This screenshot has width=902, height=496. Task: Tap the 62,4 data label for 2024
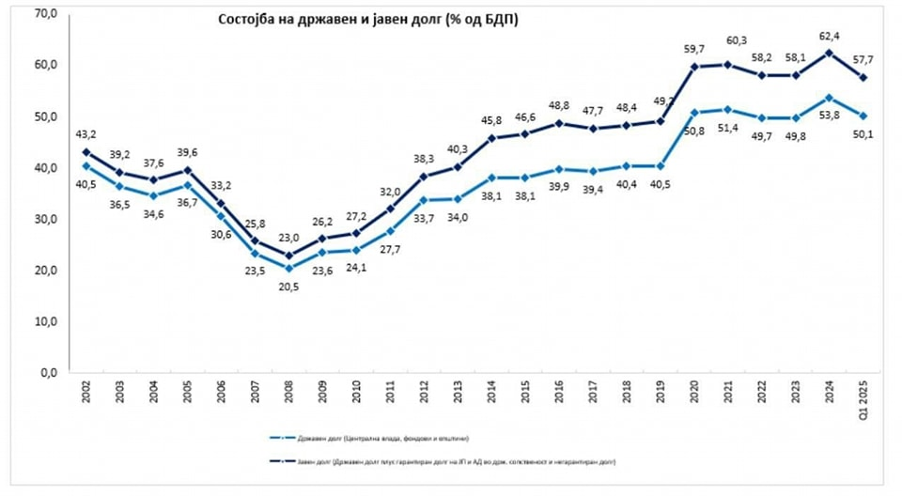[x=829, y=37]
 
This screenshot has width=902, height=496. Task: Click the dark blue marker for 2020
[x=694, y=67]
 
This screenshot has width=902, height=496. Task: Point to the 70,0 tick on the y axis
[x=45, y=13]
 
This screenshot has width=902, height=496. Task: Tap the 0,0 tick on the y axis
[x=48, y=373]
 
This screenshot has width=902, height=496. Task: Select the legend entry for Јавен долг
[x=442, y=462]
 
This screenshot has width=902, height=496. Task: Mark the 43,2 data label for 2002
[x=86, y=136]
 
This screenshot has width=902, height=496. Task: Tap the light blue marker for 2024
[x=829, y=97]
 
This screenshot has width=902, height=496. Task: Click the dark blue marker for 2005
[x=189, y=170]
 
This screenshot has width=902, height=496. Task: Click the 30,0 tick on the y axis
[x=45, y=219]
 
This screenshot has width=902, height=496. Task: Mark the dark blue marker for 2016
[x=559, y=123]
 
